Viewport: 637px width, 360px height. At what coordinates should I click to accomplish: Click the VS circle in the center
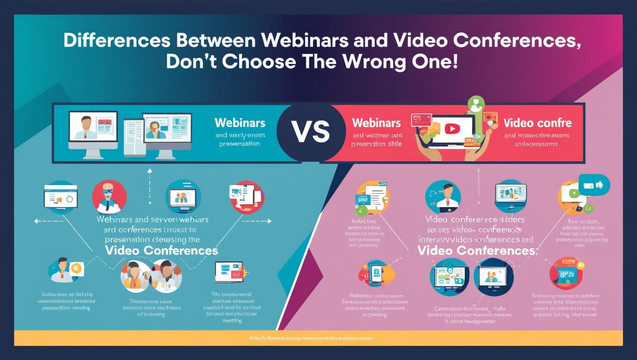(311, 132)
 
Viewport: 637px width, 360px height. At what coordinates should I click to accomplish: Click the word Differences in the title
(116, 40)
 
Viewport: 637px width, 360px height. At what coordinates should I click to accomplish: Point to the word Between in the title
(216, 40)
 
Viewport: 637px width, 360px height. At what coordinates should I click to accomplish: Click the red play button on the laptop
(452, 129)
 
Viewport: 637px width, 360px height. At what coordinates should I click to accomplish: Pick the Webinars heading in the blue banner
(240, 122)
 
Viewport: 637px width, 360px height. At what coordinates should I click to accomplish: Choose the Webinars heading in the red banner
(376, 122)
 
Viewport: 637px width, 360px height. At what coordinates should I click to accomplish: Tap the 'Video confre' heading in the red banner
(537, 123)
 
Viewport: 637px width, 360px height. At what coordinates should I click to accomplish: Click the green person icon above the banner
(476, 104)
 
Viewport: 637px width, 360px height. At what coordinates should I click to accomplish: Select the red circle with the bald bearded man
(109, 197)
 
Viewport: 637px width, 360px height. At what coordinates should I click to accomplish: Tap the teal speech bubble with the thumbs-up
(594, 185)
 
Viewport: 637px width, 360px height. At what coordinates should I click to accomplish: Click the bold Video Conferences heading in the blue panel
(161, 251)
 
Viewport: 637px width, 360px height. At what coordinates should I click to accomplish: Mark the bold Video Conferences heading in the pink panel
(476, 251)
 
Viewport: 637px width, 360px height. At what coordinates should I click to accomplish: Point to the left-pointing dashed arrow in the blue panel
(49, 221)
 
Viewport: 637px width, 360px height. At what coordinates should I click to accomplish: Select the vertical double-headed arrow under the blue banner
(150, 186)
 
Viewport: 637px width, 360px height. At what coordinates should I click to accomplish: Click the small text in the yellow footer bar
(311, 338)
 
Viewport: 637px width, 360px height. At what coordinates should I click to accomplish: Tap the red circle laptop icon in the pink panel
(566, 273)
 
